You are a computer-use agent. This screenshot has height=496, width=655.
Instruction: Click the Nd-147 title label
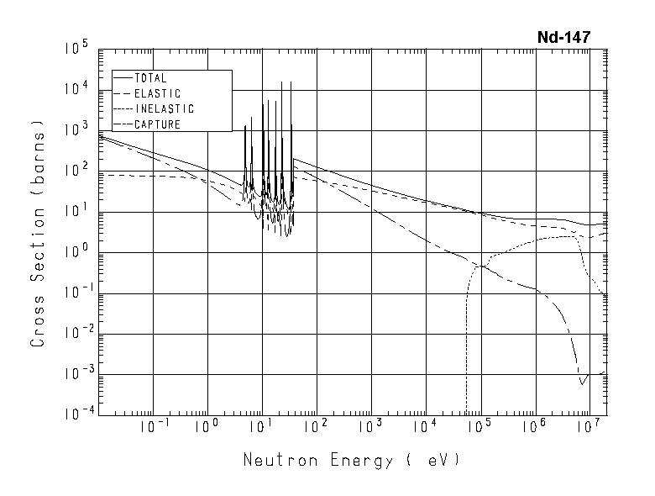click(x=564, y=37)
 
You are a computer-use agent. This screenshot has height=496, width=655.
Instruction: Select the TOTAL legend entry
click(x=150, y=78)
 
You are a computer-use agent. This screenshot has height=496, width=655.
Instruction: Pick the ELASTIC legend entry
click(x=157, y=93)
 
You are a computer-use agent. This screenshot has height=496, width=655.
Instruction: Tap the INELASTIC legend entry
click(x=164, y=109)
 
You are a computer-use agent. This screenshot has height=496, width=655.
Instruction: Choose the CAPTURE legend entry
click(x=157, y=124)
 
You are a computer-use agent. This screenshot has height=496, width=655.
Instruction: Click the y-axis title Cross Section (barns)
click(x=39, y=233)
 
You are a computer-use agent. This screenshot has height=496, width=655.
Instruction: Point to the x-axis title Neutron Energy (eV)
click(x=352, y=461)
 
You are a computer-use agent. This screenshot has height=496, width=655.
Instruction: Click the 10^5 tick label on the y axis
click(x=76, y=50)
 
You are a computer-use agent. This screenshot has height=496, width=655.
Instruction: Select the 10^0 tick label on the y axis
click(x=76, y=253)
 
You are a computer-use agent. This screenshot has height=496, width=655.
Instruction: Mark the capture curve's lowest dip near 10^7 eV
click(x=581, y=384)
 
